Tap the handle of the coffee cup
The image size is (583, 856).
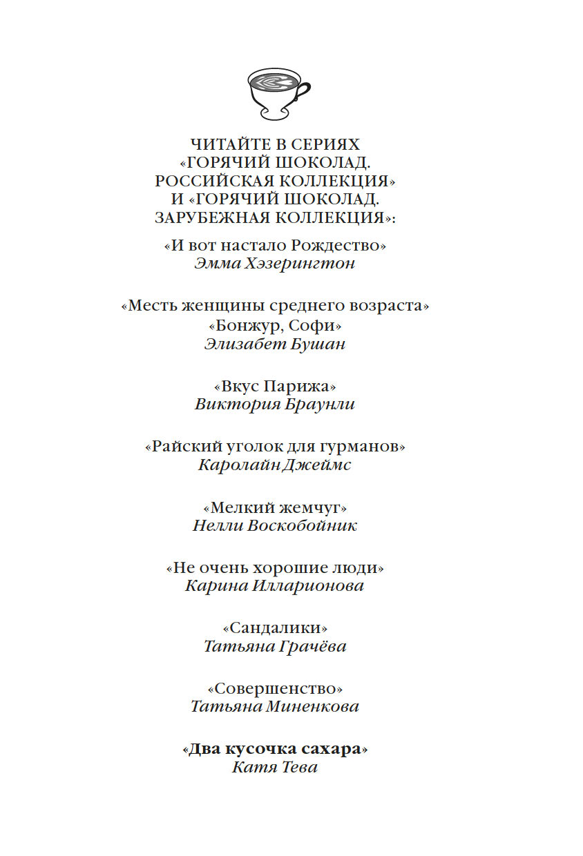303,90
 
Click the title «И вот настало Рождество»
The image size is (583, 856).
275,245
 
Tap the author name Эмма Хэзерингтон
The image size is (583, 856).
275,264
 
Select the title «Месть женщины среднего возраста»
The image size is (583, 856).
275,306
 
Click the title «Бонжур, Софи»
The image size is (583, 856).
275,324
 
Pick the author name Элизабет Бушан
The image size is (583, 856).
275,344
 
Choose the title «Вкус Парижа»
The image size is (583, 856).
275,385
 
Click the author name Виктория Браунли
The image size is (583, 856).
275,405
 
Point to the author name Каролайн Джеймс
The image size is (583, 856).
275,465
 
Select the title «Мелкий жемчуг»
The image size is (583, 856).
275,507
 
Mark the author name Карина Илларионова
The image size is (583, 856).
275,586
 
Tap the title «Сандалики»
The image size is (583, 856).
275,628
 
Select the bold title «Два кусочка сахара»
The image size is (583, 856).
275,749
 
